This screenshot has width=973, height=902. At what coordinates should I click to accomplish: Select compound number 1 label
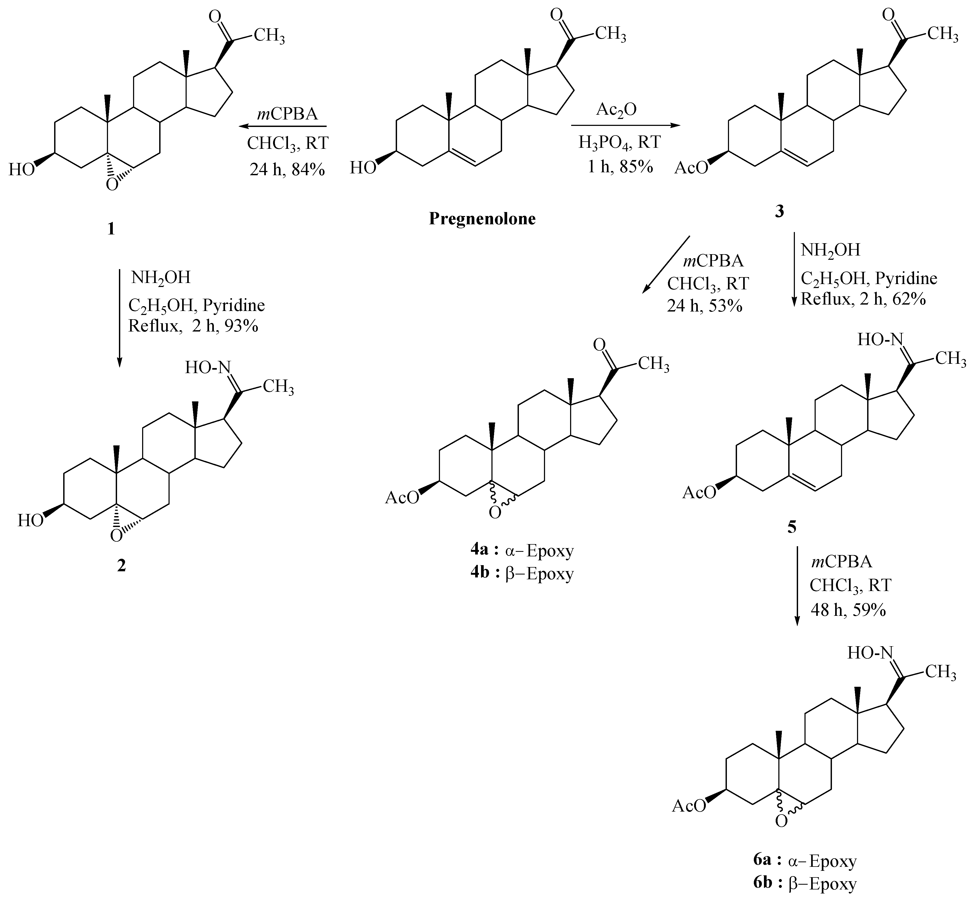(x=111, y=228)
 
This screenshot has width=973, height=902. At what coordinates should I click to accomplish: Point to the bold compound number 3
(x=779, y=211)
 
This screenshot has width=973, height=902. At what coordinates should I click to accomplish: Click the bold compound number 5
(x=791, y=527)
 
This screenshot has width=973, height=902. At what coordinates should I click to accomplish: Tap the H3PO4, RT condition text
(x=620, y=142)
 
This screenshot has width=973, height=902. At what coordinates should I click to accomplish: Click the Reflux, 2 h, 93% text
(x=193, y=326)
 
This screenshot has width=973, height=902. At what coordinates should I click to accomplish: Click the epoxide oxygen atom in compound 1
(x=112, y=185)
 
